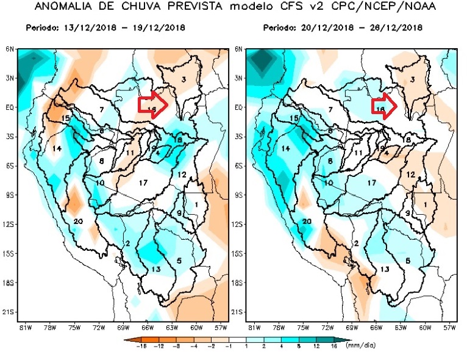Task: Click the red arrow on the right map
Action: [385, 104]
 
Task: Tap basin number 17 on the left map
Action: [143, 182]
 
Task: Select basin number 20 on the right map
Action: [307, 221]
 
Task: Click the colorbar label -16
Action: [125, 345]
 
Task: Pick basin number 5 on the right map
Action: [408, 261]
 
